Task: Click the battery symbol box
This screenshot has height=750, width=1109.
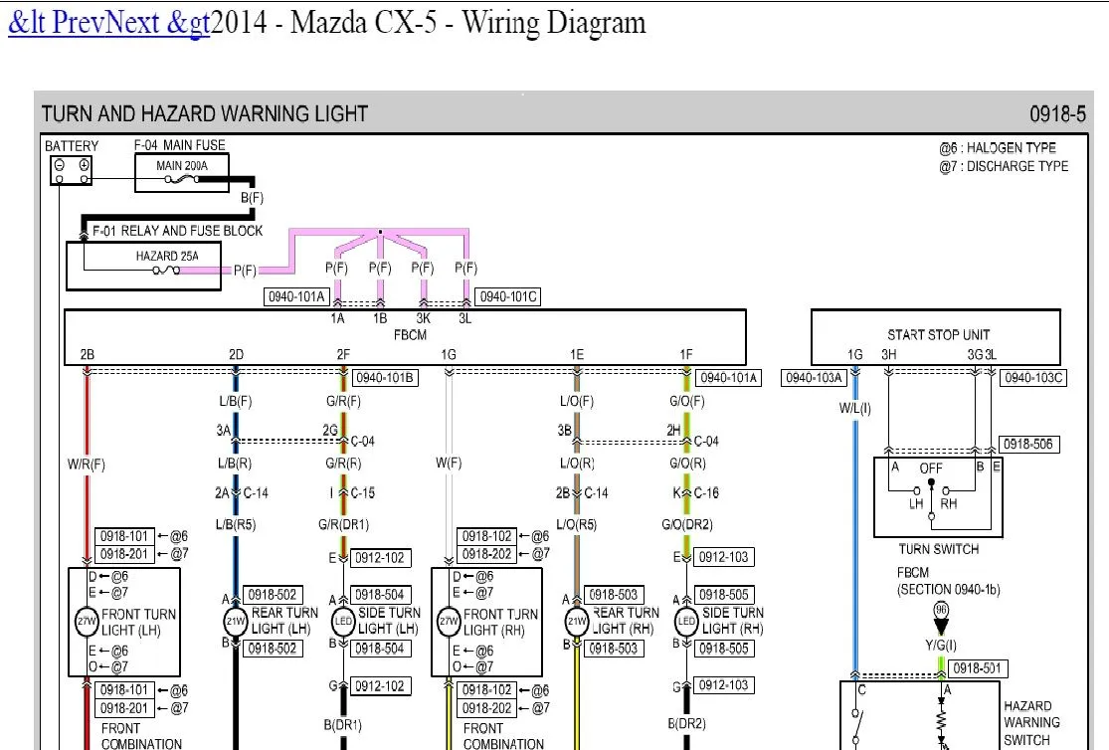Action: (72, 171)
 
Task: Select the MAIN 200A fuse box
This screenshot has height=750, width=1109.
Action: (182, 172)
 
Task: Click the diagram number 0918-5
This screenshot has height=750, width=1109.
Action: (1057, 114)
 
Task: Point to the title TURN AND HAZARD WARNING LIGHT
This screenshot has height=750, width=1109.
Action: (205, 114)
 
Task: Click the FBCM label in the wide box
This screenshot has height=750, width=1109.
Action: (409, 335)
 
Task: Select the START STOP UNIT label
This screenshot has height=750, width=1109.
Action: (938, 335)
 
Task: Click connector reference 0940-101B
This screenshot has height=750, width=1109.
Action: (384, 378)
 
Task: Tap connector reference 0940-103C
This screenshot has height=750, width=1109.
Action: (1033, 378)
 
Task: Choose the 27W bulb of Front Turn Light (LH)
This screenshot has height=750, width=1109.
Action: (85, 622)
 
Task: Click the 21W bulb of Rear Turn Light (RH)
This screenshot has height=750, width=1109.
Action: (577, 622)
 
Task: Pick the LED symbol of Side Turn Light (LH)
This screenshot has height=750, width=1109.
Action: (342, 622)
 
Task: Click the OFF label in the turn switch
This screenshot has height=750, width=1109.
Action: (931, 468)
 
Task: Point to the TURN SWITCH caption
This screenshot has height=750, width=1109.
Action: (938, 549)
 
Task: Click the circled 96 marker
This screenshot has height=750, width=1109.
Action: (941, 610)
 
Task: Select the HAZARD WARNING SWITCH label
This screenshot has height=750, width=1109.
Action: (1031, 723)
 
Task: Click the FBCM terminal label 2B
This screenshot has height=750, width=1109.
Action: (87, 354)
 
